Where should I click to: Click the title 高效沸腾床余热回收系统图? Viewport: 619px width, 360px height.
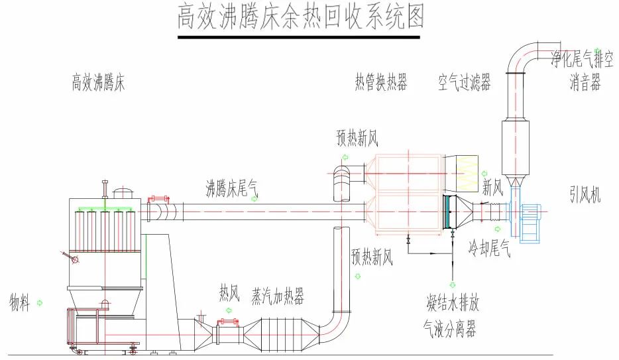(300, 17)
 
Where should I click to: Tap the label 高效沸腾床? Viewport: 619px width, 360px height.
(98, 84)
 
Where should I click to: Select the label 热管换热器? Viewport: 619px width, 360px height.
(380, 83)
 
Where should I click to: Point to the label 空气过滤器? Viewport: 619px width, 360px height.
(464, 83)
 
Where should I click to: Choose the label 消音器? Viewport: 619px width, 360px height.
(585, 83)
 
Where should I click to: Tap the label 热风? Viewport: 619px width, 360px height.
(229, 293)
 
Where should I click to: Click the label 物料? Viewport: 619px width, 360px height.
(19, 303)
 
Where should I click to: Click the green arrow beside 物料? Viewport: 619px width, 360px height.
(40, 303)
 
